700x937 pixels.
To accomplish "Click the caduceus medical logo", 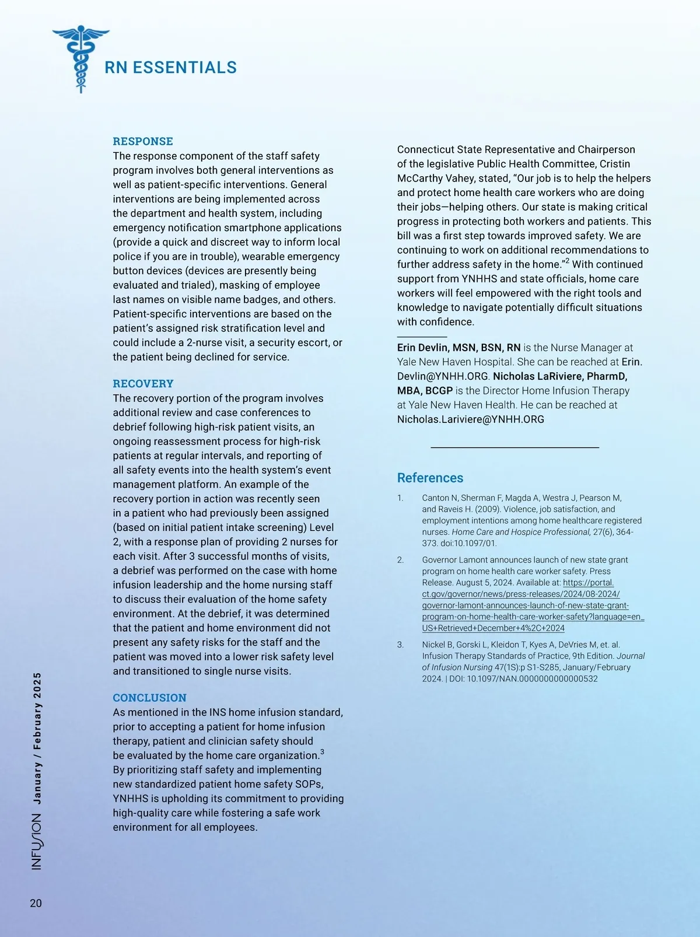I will coord(80,58).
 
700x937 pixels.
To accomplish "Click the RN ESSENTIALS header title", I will coord(170,68).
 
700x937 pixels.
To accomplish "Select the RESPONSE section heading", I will coord(143,141).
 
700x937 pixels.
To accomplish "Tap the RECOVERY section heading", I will coord(143,383).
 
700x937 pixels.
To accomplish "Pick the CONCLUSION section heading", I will coord(149,698).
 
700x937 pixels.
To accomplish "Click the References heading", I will coord(430,478).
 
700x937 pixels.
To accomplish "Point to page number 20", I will coord(36,903).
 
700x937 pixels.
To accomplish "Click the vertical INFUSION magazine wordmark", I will coord(37,842).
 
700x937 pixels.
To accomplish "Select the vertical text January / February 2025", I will coord(37,739).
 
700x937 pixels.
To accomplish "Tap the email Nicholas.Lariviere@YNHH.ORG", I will coord(470,419).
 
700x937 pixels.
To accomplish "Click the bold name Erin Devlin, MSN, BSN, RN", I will coord(459,348).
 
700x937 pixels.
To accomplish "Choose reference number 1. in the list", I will coord(400,498).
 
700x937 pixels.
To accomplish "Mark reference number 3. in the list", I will coord(400,645).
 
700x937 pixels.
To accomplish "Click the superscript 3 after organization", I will coord(322,752).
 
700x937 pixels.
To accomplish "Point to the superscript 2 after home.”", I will coord(567,261).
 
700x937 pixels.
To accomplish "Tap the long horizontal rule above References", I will coord(514,447).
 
